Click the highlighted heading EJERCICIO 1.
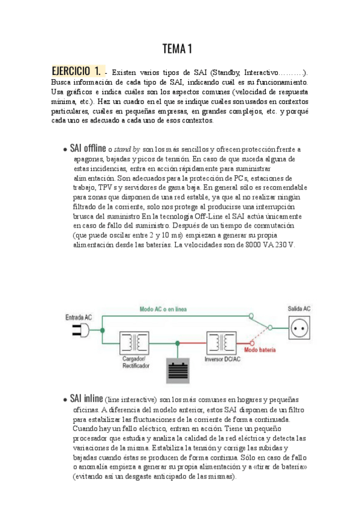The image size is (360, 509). click(76, 71)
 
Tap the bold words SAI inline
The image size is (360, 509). click(86, 399)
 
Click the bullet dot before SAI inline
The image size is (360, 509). click(65, 400)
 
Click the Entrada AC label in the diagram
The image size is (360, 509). click(79, 316)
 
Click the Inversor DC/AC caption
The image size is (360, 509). click(221, 360)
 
